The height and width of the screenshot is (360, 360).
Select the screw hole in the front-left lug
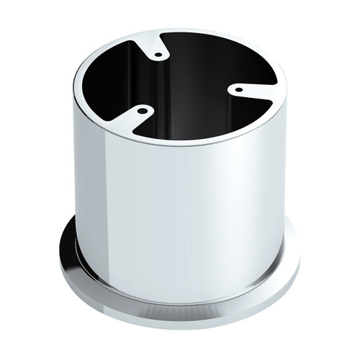click(x=141, y=111)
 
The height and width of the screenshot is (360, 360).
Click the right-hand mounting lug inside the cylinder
click(x=248, y=90)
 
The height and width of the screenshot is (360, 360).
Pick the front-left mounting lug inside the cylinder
click(x=133, y=115)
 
